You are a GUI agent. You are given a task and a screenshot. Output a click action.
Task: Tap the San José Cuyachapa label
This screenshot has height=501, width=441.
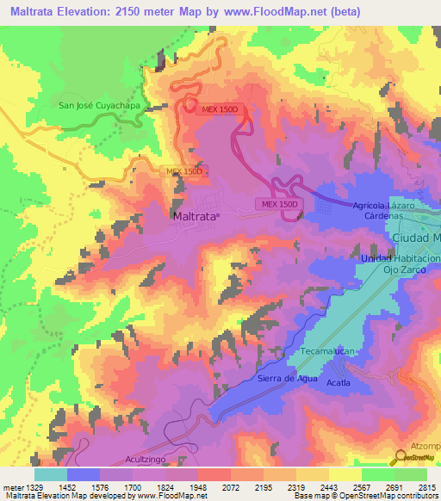(x=98, y=106)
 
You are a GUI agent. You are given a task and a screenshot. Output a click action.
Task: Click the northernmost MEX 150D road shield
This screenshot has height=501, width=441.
(x=220, y=109)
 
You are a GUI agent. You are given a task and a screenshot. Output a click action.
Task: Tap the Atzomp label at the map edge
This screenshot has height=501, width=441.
(x=425, y=445)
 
